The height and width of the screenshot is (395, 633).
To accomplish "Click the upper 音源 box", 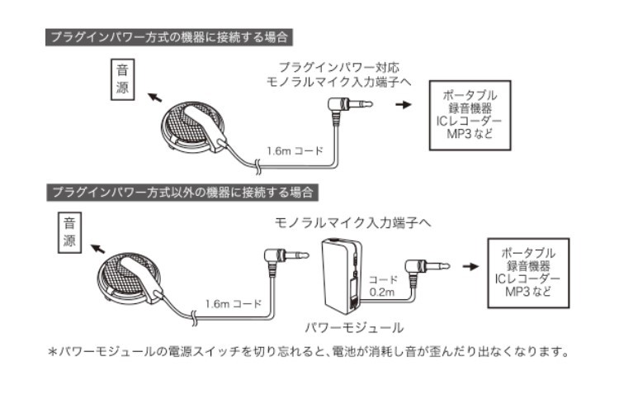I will pyautogui.click(x=122, y=79).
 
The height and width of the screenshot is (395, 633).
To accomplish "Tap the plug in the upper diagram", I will pyautogui.click(x=347, y=106).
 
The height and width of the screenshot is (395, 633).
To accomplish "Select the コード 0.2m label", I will pyautogui.click(x=383, y=286).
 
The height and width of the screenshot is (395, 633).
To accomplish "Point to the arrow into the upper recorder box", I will pyautogui.click(x=402, y=106).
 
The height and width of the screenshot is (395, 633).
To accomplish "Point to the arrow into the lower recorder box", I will pyautogui.click(x=470, y=266).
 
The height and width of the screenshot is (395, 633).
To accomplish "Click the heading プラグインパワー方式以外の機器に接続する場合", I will pyautogui.click(x=182, y=193).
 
